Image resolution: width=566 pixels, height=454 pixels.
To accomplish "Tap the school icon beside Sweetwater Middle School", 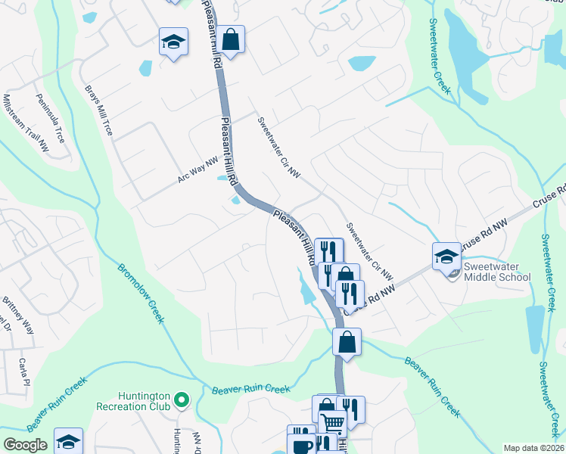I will [446, 256].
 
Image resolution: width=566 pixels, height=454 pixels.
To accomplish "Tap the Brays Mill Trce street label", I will [98, 110].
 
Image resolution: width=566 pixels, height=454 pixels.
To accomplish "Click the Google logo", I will [25, 445].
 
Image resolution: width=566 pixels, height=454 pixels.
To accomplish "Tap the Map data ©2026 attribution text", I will [533, 448].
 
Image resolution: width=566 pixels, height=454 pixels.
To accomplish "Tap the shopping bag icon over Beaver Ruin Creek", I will [347, 341].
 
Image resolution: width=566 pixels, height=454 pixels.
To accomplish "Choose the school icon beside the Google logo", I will [68, 440].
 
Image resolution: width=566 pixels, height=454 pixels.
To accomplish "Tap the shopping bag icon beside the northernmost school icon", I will [232, 39].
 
